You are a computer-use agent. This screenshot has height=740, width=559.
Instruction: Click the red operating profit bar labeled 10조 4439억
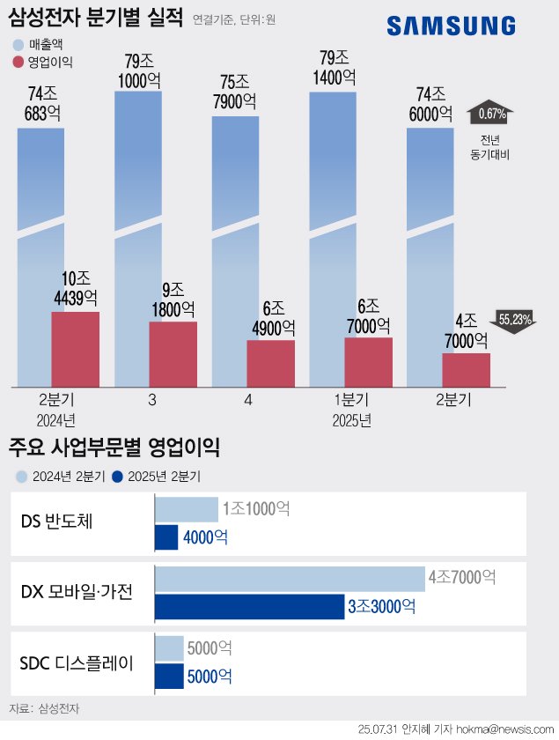pyautogui.click(x=75, y=349)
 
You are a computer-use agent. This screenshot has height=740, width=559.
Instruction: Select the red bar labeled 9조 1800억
pyautogui.click(x=173, y=353)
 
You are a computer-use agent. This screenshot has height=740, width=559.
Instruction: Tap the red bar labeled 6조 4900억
pyautogui.click(x=270, y=363)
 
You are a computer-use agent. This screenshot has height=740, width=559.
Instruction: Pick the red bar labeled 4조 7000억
pyautogui.click(x=466, y=369)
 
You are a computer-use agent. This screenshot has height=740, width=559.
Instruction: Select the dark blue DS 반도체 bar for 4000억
pyautogui.click(x=165, y=537)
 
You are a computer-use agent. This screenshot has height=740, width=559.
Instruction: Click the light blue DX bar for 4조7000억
pyautogui.click(x=290, y=579)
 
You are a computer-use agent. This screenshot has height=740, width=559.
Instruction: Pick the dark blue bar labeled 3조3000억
pyautogui.click(x=249, y=607)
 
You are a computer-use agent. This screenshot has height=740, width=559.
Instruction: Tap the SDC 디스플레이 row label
pyautogui.click(x=77, y=662)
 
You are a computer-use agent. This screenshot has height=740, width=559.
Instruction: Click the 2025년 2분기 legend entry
pyautogui.click(x=156, y=477)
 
